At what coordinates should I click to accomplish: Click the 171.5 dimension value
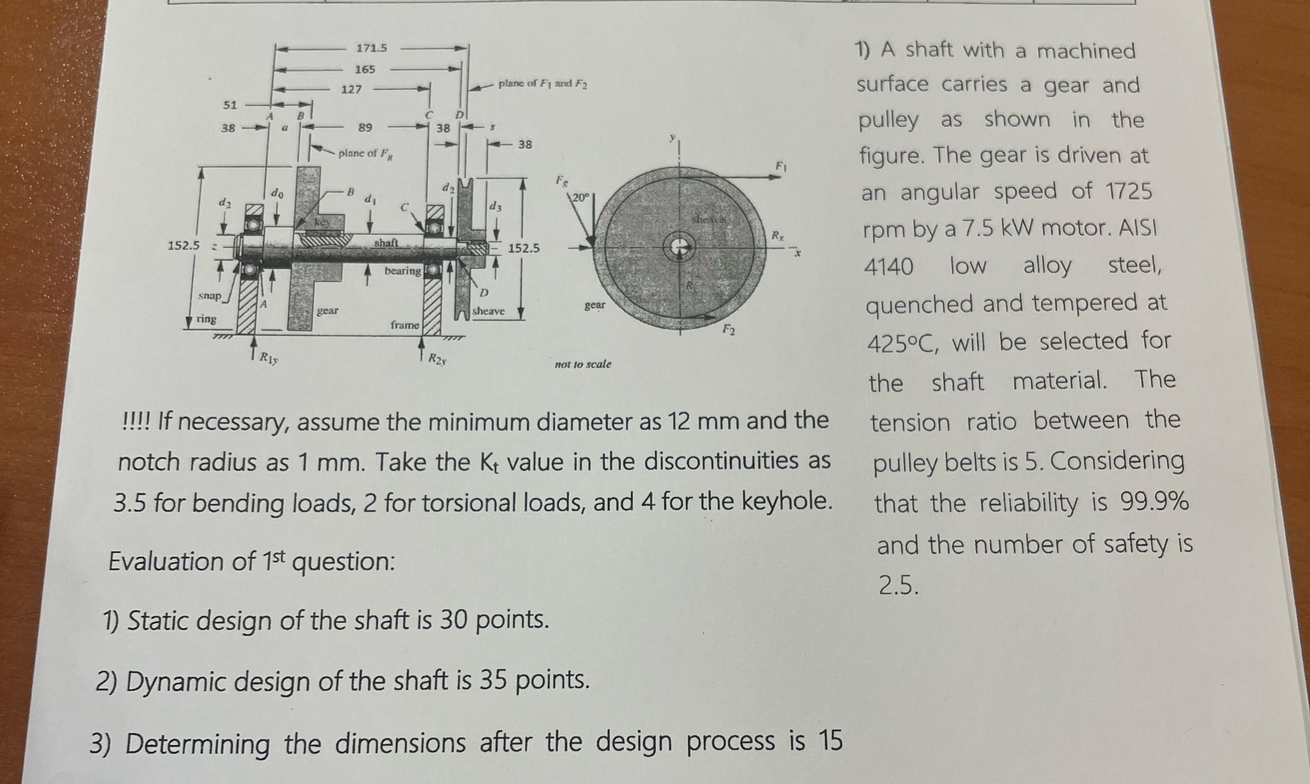click(x=372, y=48)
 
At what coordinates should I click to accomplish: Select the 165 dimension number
click(x=365, y=69)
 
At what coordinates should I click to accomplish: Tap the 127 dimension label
click(x=351, y=90)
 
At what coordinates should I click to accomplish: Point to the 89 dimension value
click(x=365, y=127)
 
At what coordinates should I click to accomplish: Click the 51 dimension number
click(x=230, y=105)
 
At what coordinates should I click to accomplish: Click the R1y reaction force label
click(x=268, y=358)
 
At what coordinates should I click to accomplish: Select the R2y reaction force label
click(x=438, y=358)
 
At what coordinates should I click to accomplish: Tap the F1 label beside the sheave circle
click(x=780, y=166)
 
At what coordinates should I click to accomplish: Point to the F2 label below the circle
click(x=729, y=330)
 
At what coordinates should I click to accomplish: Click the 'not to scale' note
click(x=583, y=365)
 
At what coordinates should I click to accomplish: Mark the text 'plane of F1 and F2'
click(x=542, y=84)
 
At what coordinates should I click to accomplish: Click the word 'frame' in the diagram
click(x=405, y=325)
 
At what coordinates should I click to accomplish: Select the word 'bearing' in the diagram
click(x=402, y=270)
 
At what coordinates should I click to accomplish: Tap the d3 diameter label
click(x=495, y=207)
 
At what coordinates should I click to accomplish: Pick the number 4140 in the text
click(x=889, y=267)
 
